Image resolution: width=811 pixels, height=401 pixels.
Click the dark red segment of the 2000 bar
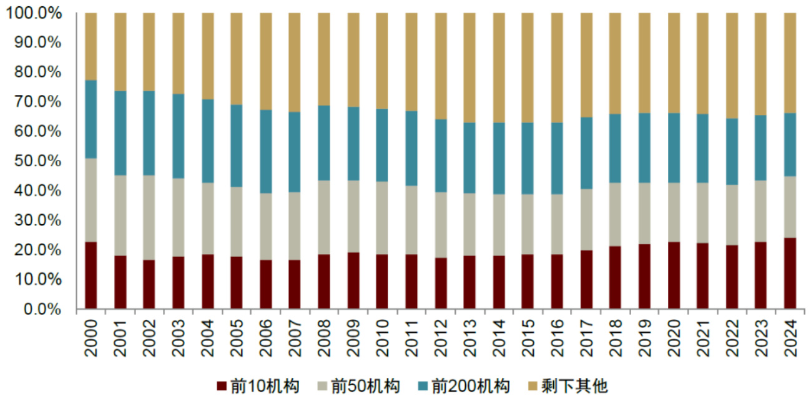(91, 275)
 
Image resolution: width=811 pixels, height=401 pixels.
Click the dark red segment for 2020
(673, 275)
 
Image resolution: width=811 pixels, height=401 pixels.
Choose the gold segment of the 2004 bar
(207, 56)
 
